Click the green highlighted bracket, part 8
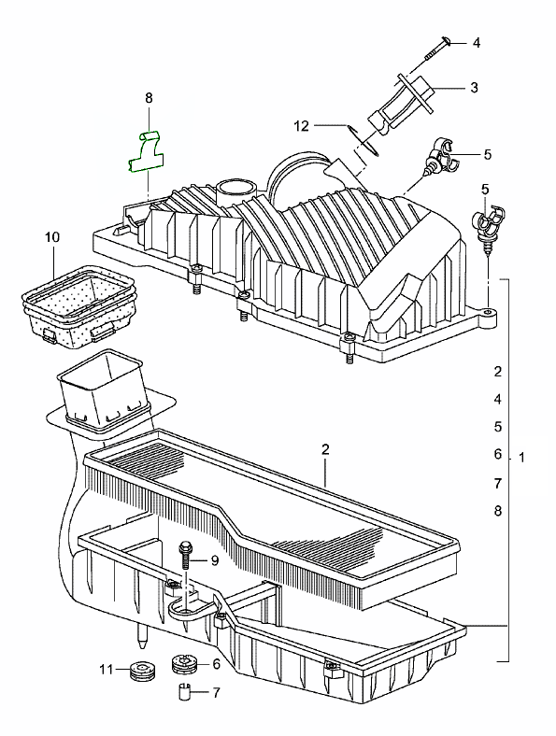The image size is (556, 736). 146,153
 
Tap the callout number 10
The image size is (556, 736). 52,237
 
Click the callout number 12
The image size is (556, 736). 302,126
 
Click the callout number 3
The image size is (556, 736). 475,87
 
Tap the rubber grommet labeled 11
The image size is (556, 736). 139,671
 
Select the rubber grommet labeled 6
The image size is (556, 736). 183,664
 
